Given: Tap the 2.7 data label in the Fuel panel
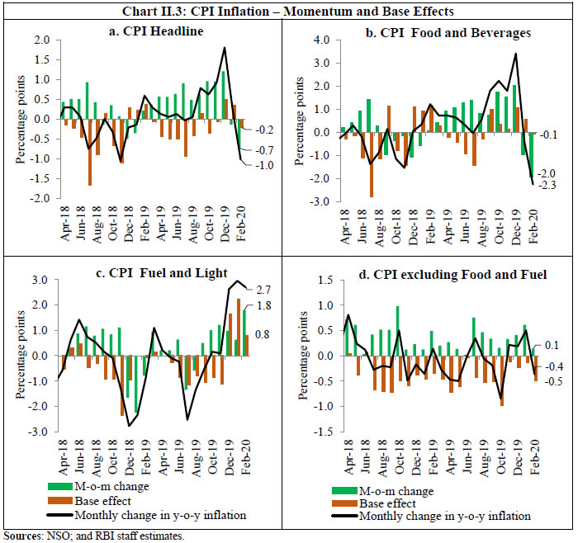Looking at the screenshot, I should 265,290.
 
